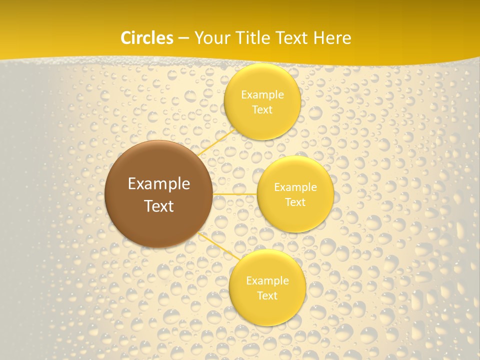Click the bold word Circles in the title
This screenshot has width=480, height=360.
pos(147,38)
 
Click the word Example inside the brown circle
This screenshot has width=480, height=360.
pos(158,184)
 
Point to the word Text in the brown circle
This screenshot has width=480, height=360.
pos(158,206)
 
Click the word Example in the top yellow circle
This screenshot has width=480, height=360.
pos(262,94)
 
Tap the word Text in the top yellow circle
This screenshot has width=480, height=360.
pos(262,109)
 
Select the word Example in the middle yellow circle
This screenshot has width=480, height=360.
pos(295,187)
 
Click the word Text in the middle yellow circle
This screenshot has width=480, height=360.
pos(295,202)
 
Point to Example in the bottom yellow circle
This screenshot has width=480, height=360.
pos(267,280)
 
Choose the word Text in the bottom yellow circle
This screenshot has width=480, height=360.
pos(267,295)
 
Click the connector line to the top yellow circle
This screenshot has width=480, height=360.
pos(217,142)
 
